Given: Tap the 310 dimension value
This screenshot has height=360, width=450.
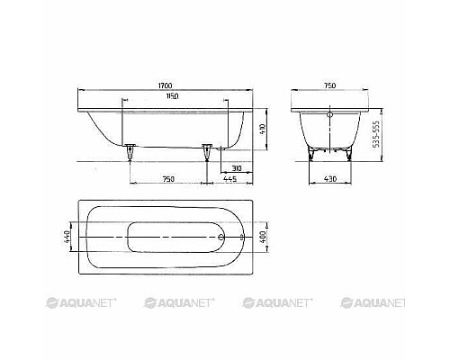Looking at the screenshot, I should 234,168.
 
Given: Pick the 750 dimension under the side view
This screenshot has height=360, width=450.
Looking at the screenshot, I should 168,180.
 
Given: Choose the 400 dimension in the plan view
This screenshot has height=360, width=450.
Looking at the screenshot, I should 262,238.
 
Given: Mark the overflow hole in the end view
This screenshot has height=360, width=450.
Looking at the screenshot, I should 329,115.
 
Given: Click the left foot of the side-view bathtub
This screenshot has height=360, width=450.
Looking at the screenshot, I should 132,152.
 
